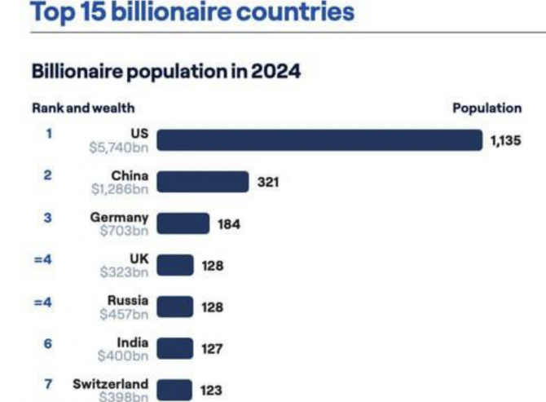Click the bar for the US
coord(319,140)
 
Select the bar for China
coord(201,182)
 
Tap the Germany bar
coord(183,223)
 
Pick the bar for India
coord(174,349)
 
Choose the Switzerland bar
coord(174,390)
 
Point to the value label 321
coord(268,182)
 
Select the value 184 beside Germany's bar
coord(229,224)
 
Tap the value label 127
coord(212,349)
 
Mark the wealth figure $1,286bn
coord(119,188)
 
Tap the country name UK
coord(139,258)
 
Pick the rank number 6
coord(49,343)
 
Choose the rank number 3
coord(49,218)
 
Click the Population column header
coord(487,108)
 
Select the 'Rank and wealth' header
coord(83,108)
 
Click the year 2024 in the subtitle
coord(275,72)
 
